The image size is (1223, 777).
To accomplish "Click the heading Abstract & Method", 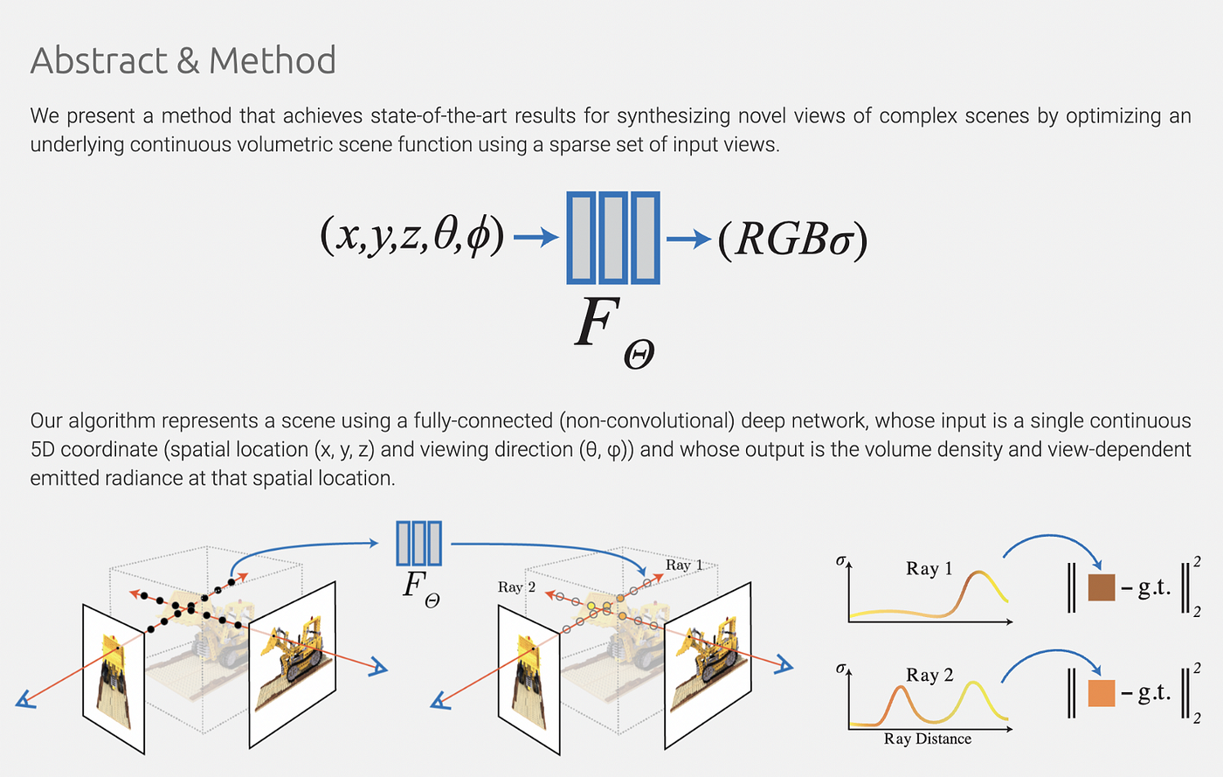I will (x=183, y=60).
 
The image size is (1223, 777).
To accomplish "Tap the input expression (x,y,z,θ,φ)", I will (x=412, y=235).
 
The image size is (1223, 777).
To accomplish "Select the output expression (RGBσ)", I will (x=792, y=239).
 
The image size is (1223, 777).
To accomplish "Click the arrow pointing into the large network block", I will (x=535, y=237).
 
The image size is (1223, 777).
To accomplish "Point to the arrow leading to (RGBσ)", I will (x=688, y=238).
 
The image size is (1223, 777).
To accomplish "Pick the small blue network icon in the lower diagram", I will (x=418, y=543).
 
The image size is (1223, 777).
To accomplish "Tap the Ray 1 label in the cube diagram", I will (x=683, y=565).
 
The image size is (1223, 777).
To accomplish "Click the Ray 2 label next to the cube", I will (x=516, y=586).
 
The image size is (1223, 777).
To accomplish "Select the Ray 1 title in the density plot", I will (x=929, y=568).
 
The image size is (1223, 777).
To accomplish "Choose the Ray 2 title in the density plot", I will (x=929, y=675).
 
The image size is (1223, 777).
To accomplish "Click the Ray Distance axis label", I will (x=927, y=739).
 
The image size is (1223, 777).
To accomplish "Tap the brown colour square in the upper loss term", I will (x=1102, y=587).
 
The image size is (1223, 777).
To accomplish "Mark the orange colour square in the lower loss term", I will (x=1102, y=693).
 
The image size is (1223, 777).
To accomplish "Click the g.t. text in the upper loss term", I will (x=1153, y=588).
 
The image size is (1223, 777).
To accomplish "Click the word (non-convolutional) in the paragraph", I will (x=647, y=420).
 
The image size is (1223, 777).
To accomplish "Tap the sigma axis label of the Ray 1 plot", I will (x=840, y=560).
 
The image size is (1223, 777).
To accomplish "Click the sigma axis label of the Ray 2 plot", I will (x=840, y=669).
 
